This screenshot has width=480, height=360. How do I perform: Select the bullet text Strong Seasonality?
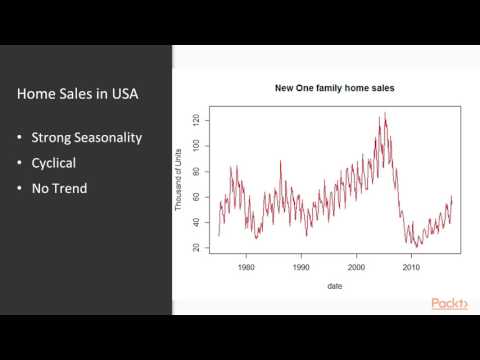(85, 138)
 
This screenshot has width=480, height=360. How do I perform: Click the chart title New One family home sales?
(335, 88)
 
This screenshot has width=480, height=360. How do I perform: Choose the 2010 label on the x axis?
(410, 268)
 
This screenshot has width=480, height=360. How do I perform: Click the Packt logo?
(448, 304)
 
